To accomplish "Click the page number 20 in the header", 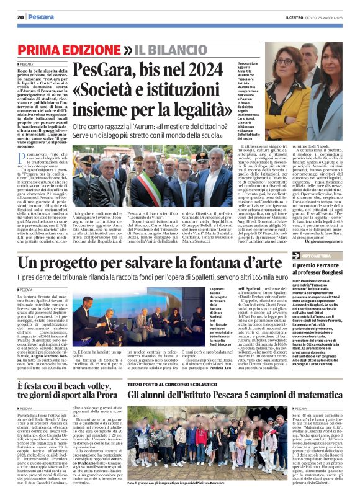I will (20, 17).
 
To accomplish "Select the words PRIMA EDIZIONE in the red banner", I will (69, 49).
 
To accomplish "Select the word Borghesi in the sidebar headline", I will (330, 272).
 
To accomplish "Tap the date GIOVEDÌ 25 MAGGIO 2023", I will (328, 17).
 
